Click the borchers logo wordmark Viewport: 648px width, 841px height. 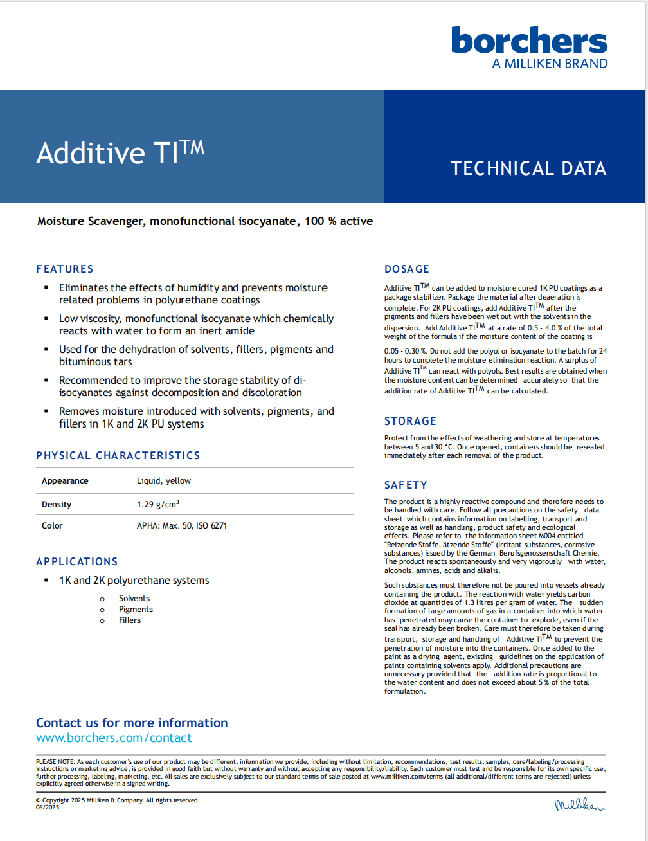coord(529,41)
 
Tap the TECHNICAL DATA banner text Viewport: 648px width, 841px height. coord(528,168)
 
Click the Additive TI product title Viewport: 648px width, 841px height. coord(120,152)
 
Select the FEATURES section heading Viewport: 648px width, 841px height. coord(65,269)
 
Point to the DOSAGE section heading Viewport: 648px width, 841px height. coord(407,269)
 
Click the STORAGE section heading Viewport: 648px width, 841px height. coord(410,421)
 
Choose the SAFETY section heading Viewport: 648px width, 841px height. coord(406,485)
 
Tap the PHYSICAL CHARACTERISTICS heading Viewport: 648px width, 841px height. coord(118,455)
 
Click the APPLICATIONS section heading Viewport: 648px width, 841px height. coord(77,561)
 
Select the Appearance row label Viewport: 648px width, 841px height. coord(65,481)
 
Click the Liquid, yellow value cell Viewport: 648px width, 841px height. coord(164,481)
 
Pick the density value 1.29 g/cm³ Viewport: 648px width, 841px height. coord(158,504)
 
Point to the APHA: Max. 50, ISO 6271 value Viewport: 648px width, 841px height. coord(182,526)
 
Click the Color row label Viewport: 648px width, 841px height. coord(52,526)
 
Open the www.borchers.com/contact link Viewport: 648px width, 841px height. coord(114,738)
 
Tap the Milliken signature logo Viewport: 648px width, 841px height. coord(579,804)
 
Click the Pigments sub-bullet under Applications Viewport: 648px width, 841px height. coord(136,610)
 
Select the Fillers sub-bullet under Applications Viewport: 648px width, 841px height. coord(130,620)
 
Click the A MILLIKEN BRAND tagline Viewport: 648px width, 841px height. coord(550,64)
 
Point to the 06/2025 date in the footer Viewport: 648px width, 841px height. coord(48,808)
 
